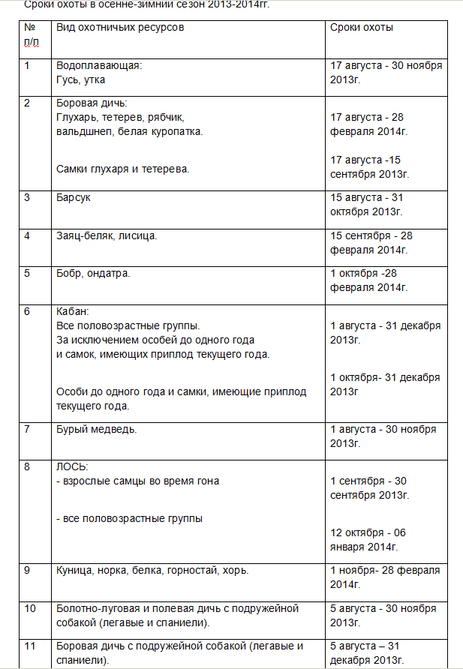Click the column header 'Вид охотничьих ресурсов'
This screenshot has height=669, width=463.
click(120, 28)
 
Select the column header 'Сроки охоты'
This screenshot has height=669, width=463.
click(362, 28)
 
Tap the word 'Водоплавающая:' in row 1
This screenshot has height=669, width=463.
click(99, 65)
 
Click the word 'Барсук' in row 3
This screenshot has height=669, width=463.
click(74, 197)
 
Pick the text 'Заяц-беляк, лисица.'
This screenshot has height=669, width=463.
click(107, 235)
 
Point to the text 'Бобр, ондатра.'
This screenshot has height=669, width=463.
click(93, 273)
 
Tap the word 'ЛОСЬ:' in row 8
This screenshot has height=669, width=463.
click(72, 467)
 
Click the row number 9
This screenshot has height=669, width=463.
click(27, 570)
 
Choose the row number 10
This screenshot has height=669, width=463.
click(30, 607)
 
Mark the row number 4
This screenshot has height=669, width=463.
click(27, 235)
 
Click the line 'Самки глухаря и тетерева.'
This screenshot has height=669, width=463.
click(122, 168)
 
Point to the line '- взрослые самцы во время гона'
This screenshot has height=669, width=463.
click(137, 481)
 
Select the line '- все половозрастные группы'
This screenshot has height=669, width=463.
click(129, 518)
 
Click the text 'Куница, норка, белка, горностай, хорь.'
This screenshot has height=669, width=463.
click(152, 570)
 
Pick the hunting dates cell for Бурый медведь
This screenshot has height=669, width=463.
click(383, 436)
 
